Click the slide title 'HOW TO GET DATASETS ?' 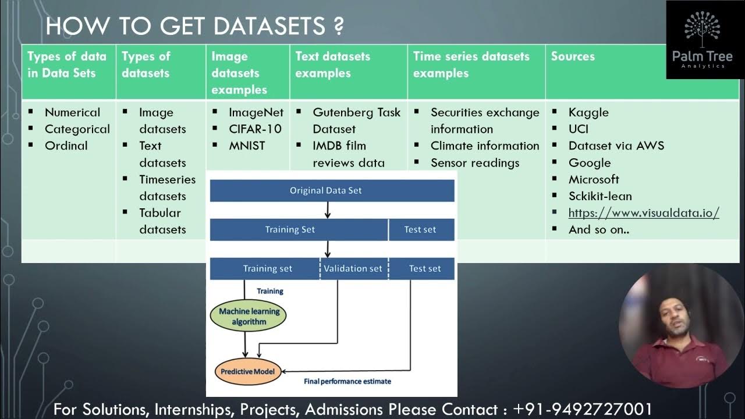pyautogui.click(x=194, y=26)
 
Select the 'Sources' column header pyautogui.click(x=573, y=56)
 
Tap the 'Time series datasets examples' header pyautogui.click(x=471, y=65)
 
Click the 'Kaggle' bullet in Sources pyautogui.click(x=588, y=112)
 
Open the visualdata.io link pyautogui.click(x=643, y=212)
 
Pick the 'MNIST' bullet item pyautogui.click(x=247, y=145)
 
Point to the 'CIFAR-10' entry pyautogui.click(x=255, y=129)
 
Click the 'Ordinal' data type pyautogui.click(x=66, y=145)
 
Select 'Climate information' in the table pyautogui.click(x=484, y=145)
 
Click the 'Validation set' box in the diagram pyautogui.click(x=353, y=268)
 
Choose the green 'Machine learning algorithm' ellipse pyautogui.click(x=249, y=317)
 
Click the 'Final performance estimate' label pyautogui.click(x=347, y=381)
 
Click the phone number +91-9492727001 pyautogui.click(x=583, y=409)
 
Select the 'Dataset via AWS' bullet pyautogui.click(x=616, y=145)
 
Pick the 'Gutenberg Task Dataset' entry pyautogui.click(x=356, y=120)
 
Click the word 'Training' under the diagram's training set pyautogui.click(x=270, y=290)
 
